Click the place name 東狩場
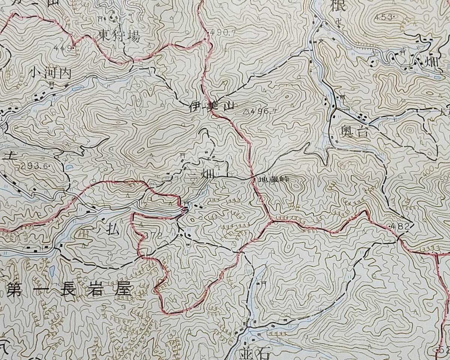click(119, 36)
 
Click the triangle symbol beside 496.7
click(246, 111)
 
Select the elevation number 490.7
click(223, 33)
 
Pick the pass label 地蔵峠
click(274, 179)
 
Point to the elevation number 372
click(153, 235)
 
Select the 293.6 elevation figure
click(35, 165)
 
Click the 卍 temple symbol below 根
click(339, 21)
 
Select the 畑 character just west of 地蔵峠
click(207, 174)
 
